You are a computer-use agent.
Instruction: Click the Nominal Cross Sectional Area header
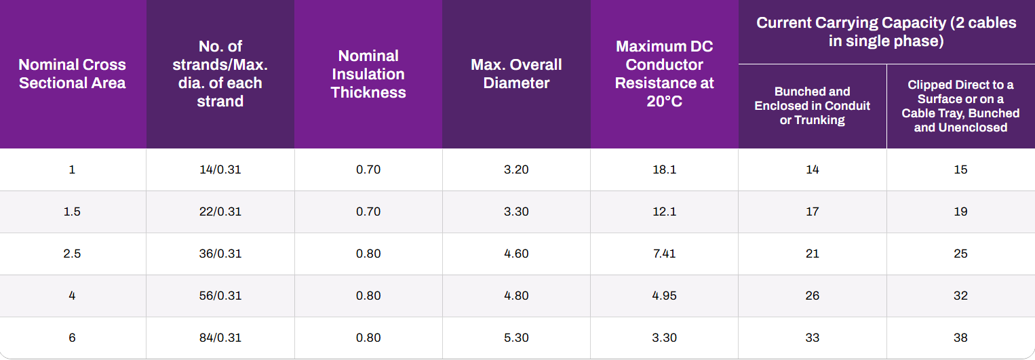click(72, 74)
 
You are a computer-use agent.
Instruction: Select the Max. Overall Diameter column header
click(516, 74)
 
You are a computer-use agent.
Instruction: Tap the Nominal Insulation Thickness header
click(368, 74)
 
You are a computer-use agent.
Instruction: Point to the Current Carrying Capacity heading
click(886, 31)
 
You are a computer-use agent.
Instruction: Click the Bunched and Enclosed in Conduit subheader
click(813, 106)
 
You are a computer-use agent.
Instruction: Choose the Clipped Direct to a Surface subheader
click(960, 106)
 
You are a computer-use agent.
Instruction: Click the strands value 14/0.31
click(220, 169)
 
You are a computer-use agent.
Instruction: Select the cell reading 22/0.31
click(220, 212)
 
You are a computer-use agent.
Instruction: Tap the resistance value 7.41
click(664, 254)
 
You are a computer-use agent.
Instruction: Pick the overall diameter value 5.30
click(516, 338)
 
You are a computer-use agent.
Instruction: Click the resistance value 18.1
click(664, 169)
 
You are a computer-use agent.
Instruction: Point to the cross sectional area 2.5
click(72, 254)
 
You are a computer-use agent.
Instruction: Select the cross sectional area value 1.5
click(72, 212)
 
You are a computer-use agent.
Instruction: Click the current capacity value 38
click(960, 338)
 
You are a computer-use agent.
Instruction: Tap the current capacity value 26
click(813, 296)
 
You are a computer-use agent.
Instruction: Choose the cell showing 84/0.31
click(220, 338)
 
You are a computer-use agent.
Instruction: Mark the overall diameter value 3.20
click(516, 169)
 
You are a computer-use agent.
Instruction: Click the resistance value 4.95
click(664, 296)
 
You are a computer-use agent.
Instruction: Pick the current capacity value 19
click(960, 212)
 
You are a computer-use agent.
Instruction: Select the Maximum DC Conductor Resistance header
click(664, 74)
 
